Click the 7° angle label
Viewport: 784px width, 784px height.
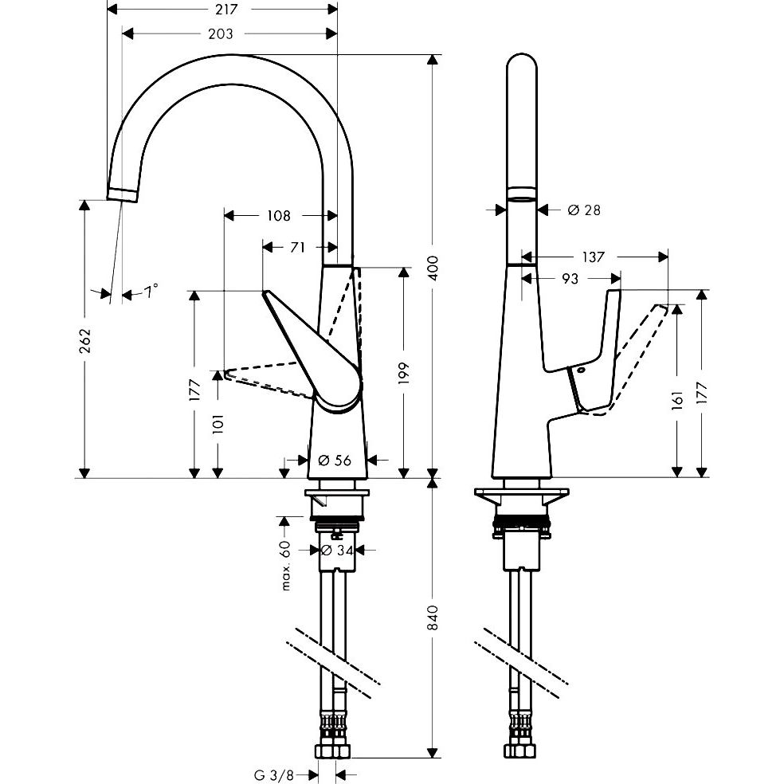[x=151, y=291]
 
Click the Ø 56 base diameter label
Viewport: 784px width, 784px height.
[x=335, y=460]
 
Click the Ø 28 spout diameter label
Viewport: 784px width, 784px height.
[x=583, y=210]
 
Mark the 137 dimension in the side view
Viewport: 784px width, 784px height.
[x=593, y=257]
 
